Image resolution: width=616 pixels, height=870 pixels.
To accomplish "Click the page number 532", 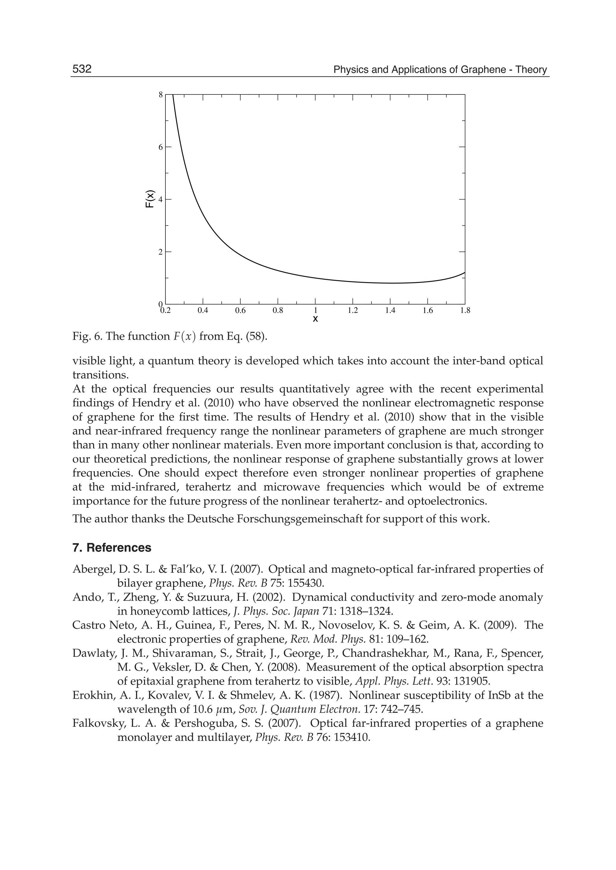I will [x=82, y=69].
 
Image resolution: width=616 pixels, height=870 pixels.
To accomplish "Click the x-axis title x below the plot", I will [x=315, y=319].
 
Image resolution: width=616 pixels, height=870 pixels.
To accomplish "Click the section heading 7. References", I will [x=112, y=548].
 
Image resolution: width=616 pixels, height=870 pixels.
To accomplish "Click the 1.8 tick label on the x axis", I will [x=465, y=311].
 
